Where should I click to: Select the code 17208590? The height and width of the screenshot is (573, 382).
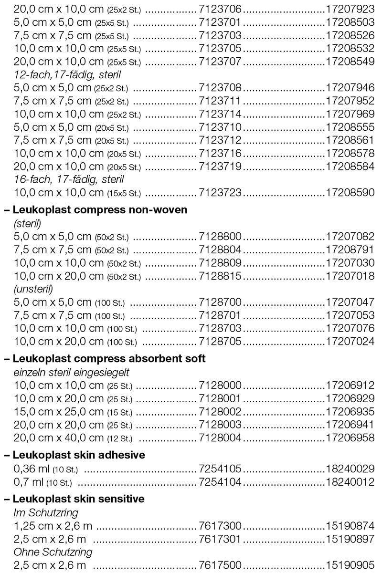(x=350, y=193)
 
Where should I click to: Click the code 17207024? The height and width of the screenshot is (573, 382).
(x=350, y=341)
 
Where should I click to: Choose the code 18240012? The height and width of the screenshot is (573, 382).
(x=350, y=482)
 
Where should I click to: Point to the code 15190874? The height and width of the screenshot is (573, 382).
(x=350, y=526)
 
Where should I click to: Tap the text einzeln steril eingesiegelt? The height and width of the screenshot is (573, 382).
(x=72, y=372)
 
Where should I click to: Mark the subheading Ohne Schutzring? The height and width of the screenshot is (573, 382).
(x=53, y=552)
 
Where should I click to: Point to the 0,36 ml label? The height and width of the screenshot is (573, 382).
(x=30, y=469)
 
